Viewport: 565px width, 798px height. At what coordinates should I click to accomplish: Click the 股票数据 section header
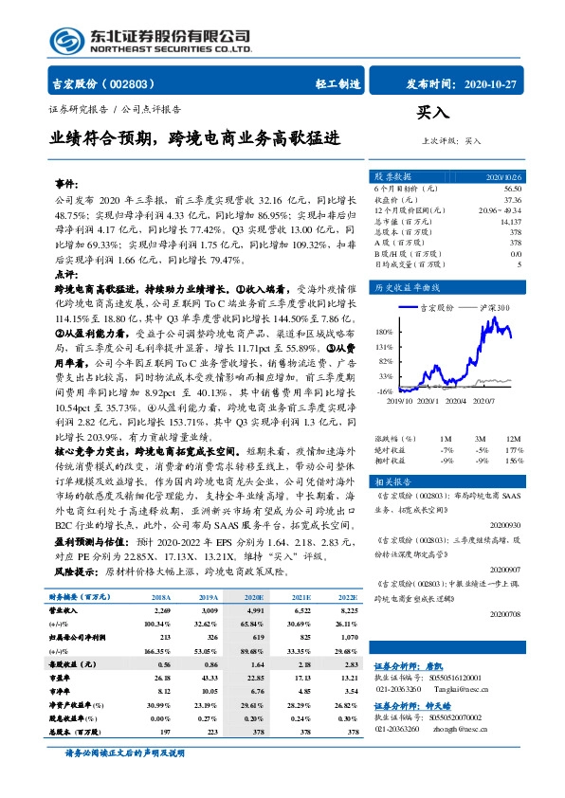click(x=392, y=177)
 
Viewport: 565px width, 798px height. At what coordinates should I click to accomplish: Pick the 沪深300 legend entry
click(x=494, y=308)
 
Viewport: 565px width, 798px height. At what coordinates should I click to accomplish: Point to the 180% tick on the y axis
click(x=384, y=333)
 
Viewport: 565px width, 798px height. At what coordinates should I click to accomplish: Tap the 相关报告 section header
click(x=392, y=481)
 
